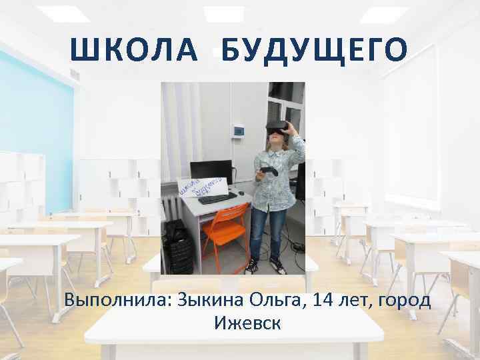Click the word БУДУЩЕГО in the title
tap(314, 49)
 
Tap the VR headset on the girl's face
tap(277, 125)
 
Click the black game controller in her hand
tap(268, 171)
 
